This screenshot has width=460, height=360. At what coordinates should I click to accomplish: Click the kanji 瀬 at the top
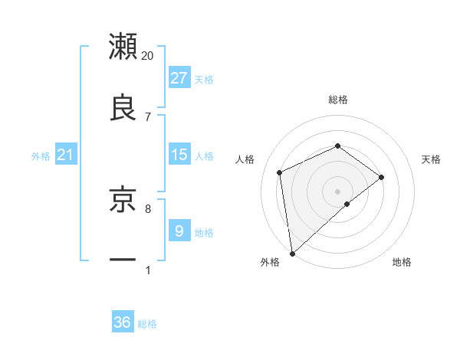(x=123, y=46)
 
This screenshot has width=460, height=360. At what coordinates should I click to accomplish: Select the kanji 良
(x=123, y=107)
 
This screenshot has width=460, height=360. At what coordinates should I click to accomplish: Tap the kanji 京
(x=123, y=198)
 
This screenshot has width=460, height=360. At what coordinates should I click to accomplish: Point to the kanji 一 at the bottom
(x=123, y=260)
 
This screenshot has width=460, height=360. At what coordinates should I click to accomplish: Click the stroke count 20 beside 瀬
(x=148, y=56)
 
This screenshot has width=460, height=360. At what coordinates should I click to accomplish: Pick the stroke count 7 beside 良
(x=148, y=116)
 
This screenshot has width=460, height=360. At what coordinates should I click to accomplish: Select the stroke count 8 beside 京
(x=148, y=208)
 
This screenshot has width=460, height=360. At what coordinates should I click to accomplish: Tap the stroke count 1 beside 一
(x=148, y=270)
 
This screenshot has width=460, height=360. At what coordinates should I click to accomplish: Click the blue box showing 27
(x=179, y=78)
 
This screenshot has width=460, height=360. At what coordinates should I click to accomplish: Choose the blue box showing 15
(x=179, y=155)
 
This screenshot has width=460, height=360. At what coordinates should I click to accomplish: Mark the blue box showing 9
(x=179, y=231)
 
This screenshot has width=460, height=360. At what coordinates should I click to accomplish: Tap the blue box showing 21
(x=66, y=155)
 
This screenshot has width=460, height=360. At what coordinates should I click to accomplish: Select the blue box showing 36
(x=123, y=322)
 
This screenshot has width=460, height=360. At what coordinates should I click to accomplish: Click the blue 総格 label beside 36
(x=147, y=324)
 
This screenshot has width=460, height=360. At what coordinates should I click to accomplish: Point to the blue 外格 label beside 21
(x=41, y=156)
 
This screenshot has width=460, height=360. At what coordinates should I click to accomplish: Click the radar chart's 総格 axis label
(x=338, y=100)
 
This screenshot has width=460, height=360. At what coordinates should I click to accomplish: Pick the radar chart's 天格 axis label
(x=432, y=159)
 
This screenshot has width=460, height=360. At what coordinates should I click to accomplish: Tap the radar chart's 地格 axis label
(x=402, y=262)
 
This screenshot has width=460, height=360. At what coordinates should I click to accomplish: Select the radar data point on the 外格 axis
(x=292, y=253)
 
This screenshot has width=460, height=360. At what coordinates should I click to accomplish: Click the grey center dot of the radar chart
(x=338, y=191)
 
